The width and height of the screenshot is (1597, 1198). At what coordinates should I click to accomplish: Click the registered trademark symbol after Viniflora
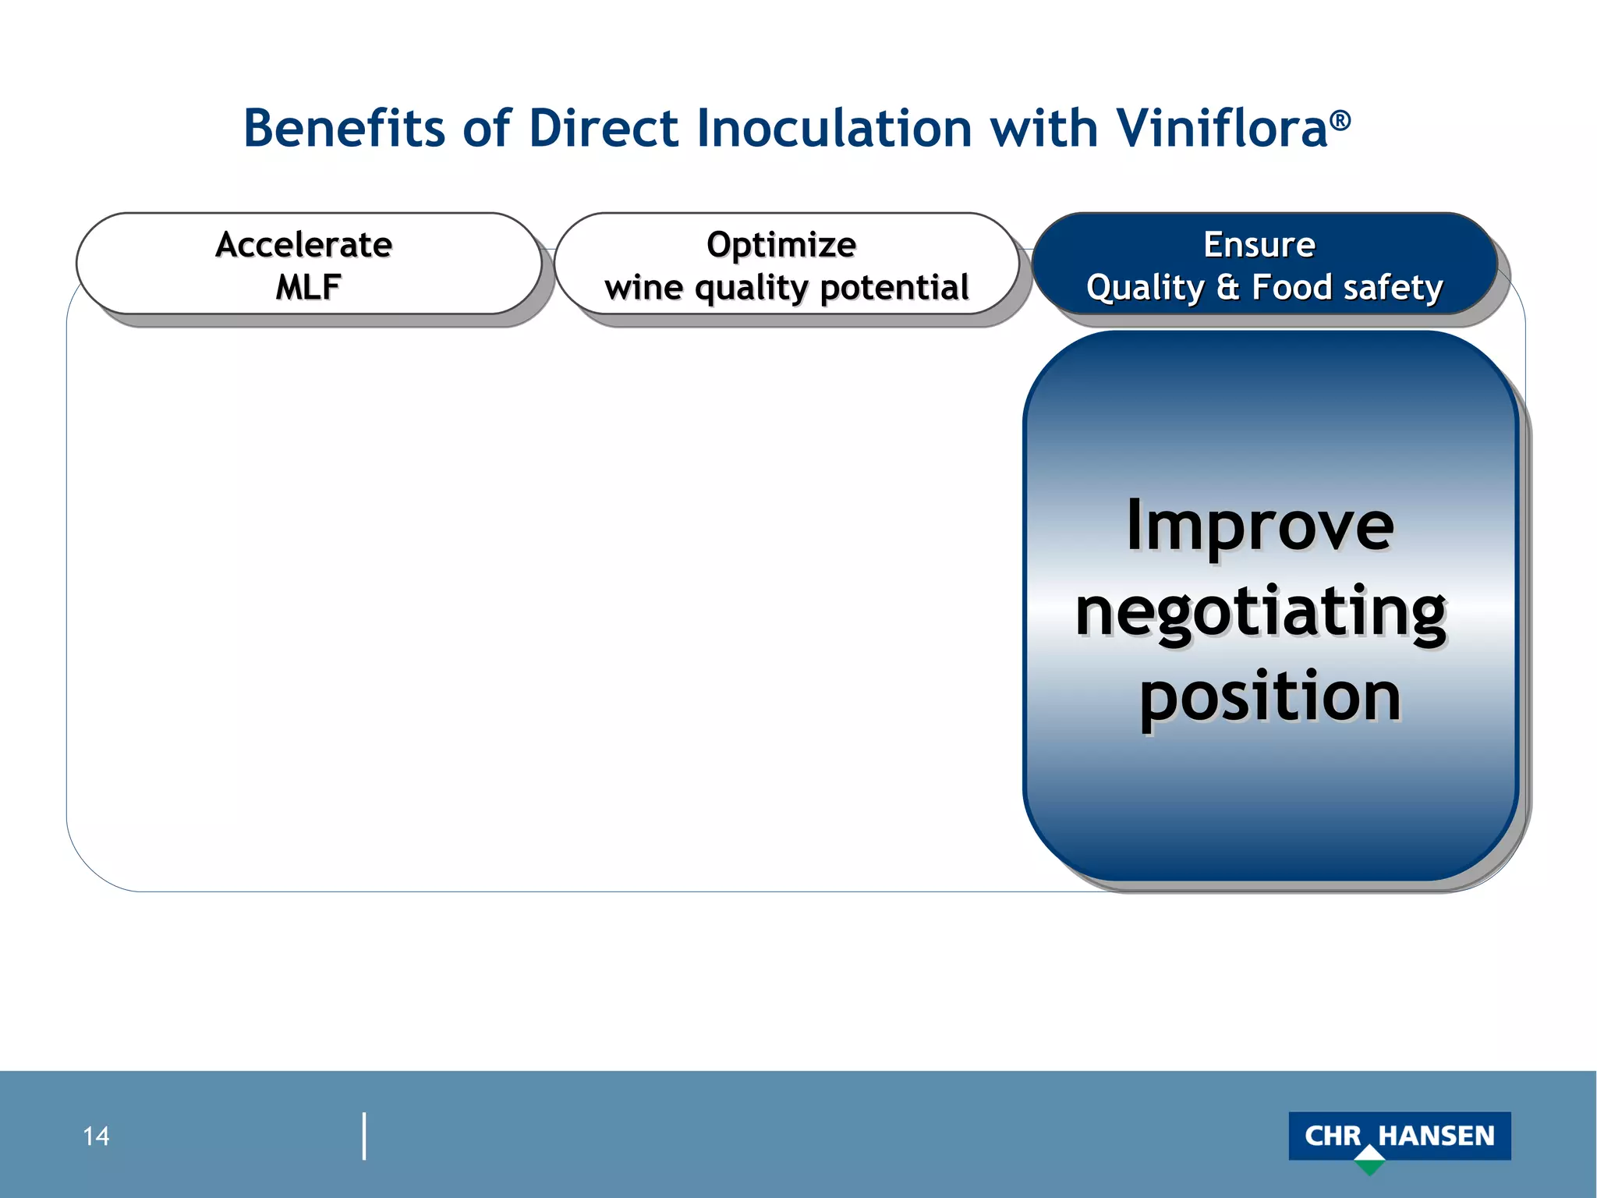tap(1340, 120)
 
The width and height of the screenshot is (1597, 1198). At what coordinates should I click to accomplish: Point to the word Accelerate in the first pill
tap(303, 244)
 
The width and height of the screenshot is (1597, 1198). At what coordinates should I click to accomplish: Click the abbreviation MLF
tap(307, 287)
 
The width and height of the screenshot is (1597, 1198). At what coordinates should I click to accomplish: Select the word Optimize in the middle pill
tap(781, 244)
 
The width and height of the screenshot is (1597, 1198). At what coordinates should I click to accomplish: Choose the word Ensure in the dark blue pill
tap(1259, 244)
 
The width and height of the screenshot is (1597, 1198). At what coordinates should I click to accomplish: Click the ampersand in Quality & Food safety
tap(1227, 287)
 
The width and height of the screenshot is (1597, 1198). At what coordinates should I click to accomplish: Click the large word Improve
tap(1260, 526)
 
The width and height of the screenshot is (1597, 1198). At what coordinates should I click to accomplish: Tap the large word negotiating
tap(1260, 612)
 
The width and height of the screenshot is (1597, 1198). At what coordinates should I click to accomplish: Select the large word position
tap(1269, 696)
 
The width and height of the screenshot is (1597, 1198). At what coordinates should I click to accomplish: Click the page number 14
tap(96, 1136)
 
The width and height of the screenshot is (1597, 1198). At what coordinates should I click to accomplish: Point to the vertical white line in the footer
tap(364, 1136)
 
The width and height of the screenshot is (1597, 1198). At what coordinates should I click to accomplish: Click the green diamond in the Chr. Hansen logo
tap(1369, 1161)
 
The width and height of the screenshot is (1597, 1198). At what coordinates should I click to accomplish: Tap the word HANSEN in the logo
tap(1436, 1136)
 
